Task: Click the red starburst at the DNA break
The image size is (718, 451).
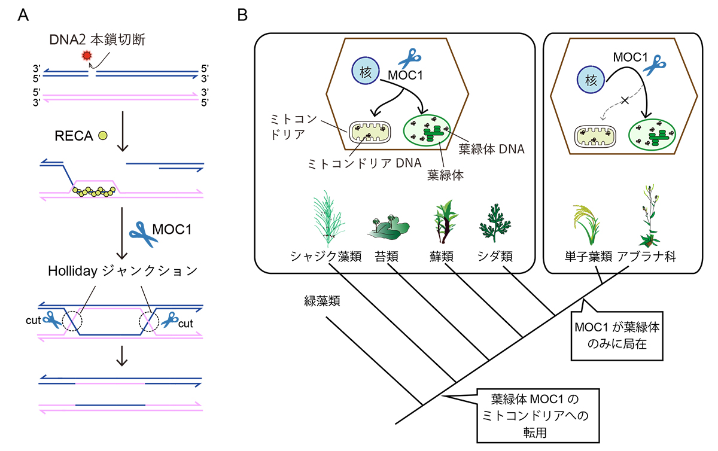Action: pos(88,55)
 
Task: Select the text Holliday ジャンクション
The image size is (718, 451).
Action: pos(121,271)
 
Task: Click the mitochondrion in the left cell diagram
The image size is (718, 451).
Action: pos(369,133)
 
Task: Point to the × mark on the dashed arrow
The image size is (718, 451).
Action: pos(625,102)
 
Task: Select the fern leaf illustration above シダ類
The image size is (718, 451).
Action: pos(496,224)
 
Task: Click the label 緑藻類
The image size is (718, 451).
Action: pos(322,301)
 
